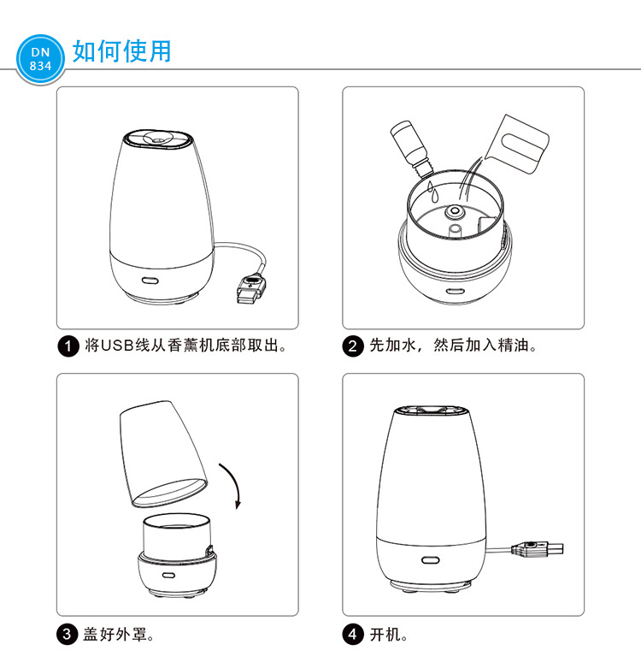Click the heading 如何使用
121,51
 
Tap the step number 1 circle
70,347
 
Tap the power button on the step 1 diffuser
150,280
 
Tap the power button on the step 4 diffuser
430,561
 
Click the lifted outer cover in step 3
162,453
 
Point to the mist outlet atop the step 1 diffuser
155,136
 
